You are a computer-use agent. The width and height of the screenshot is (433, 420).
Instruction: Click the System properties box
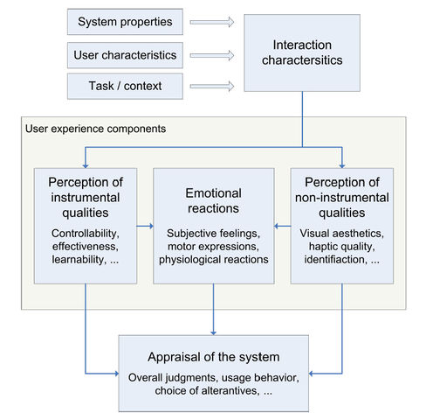coord(125,22)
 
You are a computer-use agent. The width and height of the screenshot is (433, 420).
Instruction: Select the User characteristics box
coord(125,55)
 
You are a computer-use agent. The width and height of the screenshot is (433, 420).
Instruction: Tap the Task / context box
coord(125,86)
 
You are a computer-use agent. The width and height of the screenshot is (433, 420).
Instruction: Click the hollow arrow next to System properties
coord(212,22)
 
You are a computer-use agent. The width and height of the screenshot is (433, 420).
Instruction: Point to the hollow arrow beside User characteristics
coord(212,55)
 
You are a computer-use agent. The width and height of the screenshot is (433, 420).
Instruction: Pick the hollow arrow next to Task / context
coord(212,87)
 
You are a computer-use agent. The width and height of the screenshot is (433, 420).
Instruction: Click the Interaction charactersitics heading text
coord(302,52)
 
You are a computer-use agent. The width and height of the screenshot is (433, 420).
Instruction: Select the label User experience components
coord(95,129)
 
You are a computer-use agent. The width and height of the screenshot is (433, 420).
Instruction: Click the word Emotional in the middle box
coord(213,193)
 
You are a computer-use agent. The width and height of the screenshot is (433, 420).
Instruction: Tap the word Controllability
coord(86,234)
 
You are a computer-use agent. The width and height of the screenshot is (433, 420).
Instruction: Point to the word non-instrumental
coord(342,198)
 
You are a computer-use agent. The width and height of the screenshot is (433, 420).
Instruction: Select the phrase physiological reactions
coord(214,259)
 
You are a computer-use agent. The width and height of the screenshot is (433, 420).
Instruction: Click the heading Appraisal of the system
coord(214,357)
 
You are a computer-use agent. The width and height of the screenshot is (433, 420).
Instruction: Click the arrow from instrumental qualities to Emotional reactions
coord(145,226)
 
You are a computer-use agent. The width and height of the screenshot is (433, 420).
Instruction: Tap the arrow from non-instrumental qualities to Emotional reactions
coord(283,226)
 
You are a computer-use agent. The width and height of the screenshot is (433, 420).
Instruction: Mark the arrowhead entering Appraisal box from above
coord(213,332)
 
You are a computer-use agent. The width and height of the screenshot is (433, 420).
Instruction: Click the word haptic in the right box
coord(323,247)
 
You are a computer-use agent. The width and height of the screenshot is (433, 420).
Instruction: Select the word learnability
coord(79,259)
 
